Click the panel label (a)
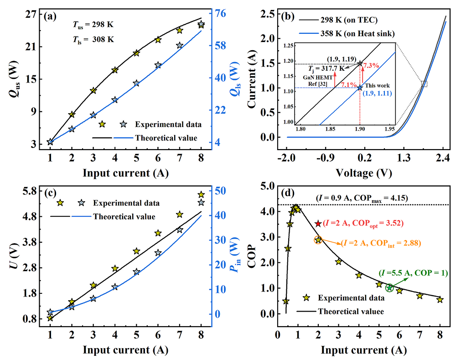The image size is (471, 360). (x=50, y=16)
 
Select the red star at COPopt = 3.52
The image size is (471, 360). (x=318, y=224)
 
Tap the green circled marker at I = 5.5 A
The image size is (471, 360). (x=389, y=287)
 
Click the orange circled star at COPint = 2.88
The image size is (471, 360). (x=318, y=240)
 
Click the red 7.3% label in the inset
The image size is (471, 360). (x=372, y=66)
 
